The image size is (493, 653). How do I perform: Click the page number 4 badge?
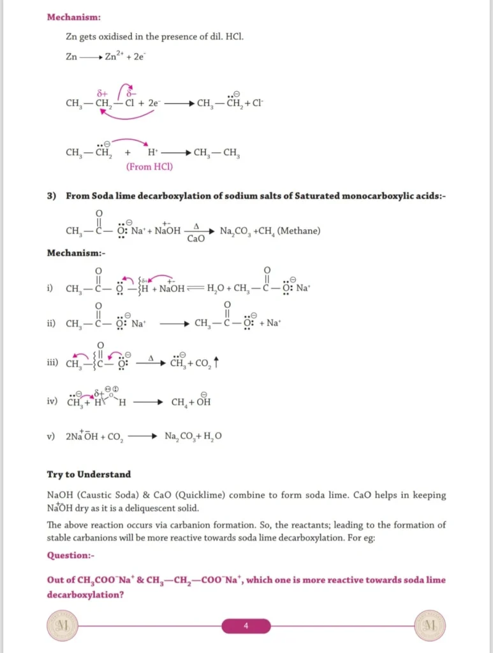(246, 626)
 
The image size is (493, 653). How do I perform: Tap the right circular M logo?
(429, 625)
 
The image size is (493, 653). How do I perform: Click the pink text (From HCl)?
(149, 167)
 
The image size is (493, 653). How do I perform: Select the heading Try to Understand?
(89, 474)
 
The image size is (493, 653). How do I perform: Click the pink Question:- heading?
(70, 555)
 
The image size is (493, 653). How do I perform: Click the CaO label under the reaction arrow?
(196, 239)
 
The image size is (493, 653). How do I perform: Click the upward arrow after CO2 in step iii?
(217, 362)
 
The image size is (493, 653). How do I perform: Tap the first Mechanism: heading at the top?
(73, 17)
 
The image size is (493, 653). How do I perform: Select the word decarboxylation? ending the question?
(85, 594)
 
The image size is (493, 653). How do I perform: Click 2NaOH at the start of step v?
(80, 437)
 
